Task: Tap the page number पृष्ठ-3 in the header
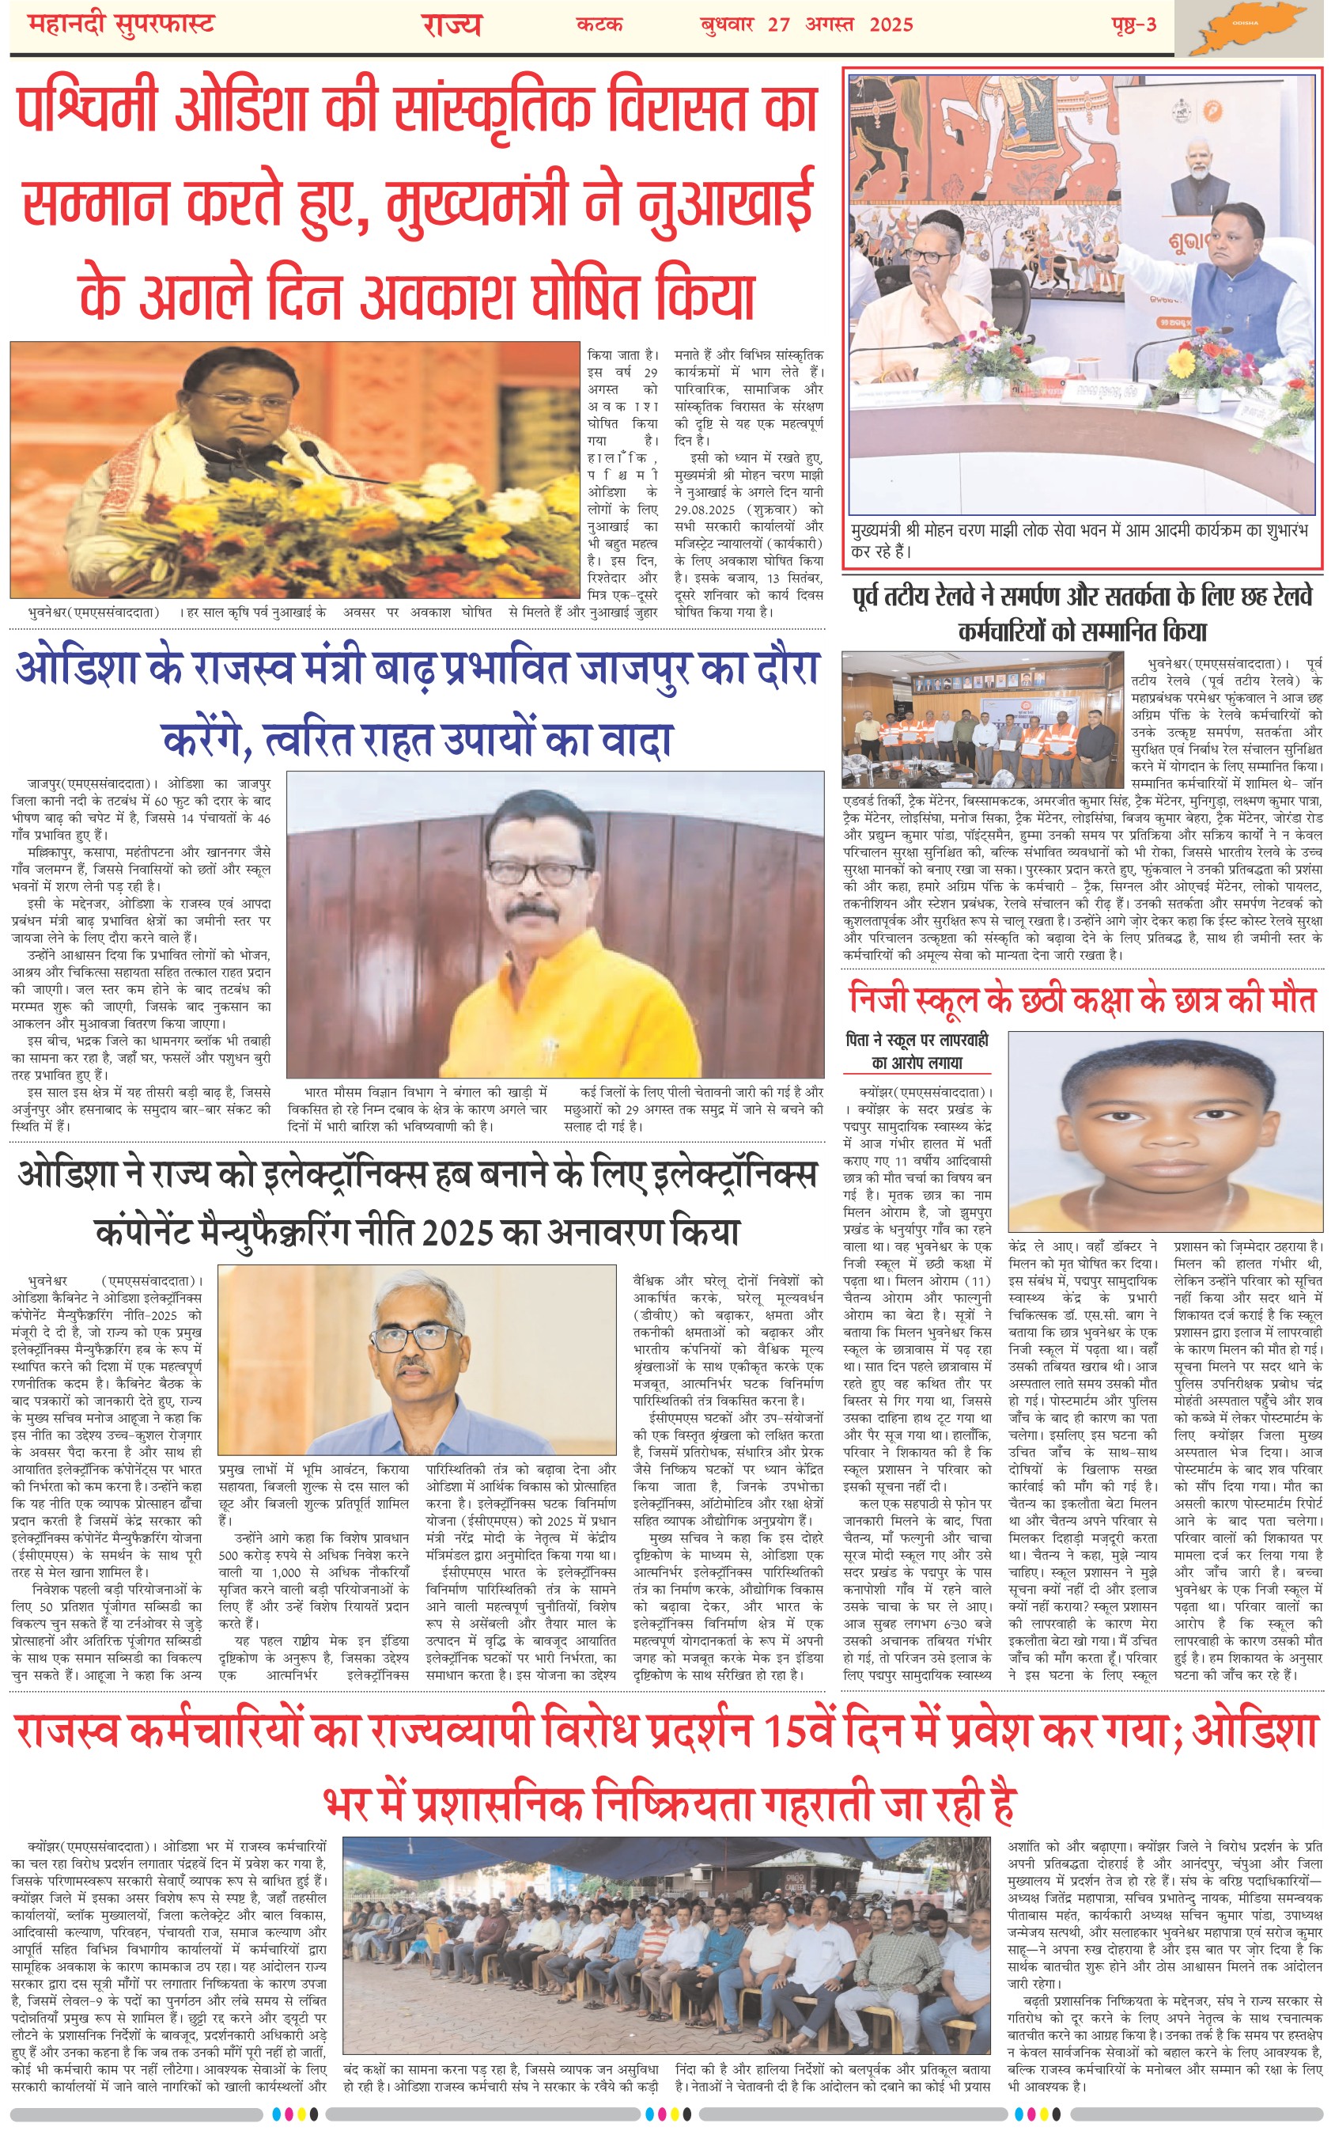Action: (x=1133, y=24)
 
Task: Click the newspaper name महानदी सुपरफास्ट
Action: (x=121, y=24)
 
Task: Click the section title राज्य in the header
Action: (x=451, y=25)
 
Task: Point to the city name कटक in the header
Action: (x=599, y=24)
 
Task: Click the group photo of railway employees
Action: (x=981, y=718)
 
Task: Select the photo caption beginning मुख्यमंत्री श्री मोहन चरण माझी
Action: (x=1082, y=541)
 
